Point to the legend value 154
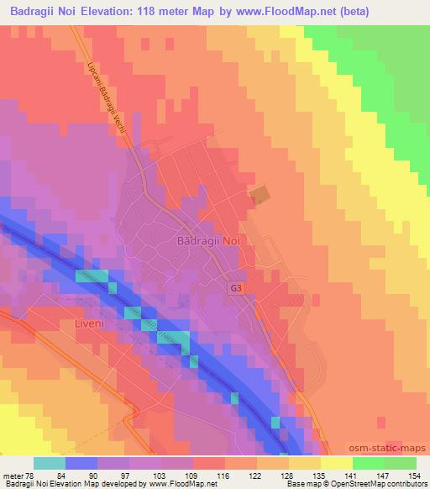tap(415, 476)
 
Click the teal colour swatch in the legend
tap(50, 463)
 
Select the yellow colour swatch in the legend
tap(337, 463)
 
